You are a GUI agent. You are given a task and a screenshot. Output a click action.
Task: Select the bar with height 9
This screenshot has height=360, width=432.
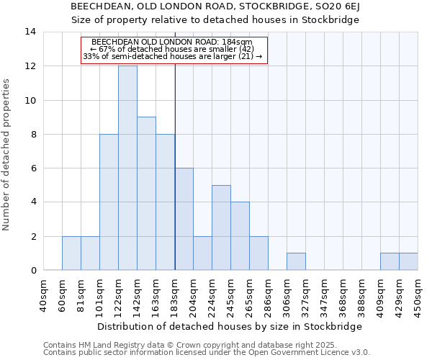[x=146, y=194]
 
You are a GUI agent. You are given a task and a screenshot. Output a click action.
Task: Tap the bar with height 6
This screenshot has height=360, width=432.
[x=184, y=219]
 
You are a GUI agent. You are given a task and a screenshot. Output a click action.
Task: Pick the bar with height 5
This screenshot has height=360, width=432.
[x=221, y=228]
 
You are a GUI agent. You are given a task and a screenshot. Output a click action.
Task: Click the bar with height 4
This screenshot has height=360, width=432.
[x=240, y=236]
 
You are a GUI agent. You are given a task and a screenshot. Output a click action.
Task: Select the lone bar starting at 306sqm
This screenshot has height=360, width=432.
[x=296, y=262]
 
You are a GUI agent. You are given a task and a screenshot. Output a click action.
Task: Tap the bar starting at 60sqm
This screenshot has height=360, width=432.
[x=71, y=253]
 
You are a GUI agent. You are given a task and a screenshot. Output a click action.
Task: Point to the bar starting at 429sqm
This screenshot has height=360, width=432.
[x=408, y=262]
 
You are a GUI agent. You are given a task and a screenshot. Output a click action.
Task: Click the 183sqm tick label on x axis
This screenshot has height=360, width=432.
[x=175, y=294]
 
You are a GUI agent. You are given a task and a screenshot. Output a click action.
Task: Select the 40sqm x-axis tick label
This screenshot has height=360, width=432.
[x=44, y=294]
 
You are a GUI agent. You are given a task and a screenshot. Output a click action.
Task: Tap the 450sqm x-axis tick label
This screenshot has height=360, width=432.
[x=418, y=294]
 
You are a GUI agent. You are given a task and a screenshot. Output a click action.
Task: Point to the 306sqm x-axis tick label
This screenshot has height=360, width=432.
[x=287, y=294]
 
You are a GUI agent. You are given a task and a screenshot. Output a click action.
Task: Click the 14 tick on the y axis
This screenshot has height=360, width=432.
[x=30, y=32]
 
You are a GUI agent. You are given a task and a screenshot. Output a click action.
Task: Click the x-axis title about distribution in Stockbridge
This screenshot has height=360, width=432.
[x=229, y=326]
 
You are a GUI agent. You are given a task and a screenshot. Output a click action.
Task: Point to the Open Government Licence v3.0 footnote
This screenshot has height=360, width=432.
[x=207, y=353]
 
